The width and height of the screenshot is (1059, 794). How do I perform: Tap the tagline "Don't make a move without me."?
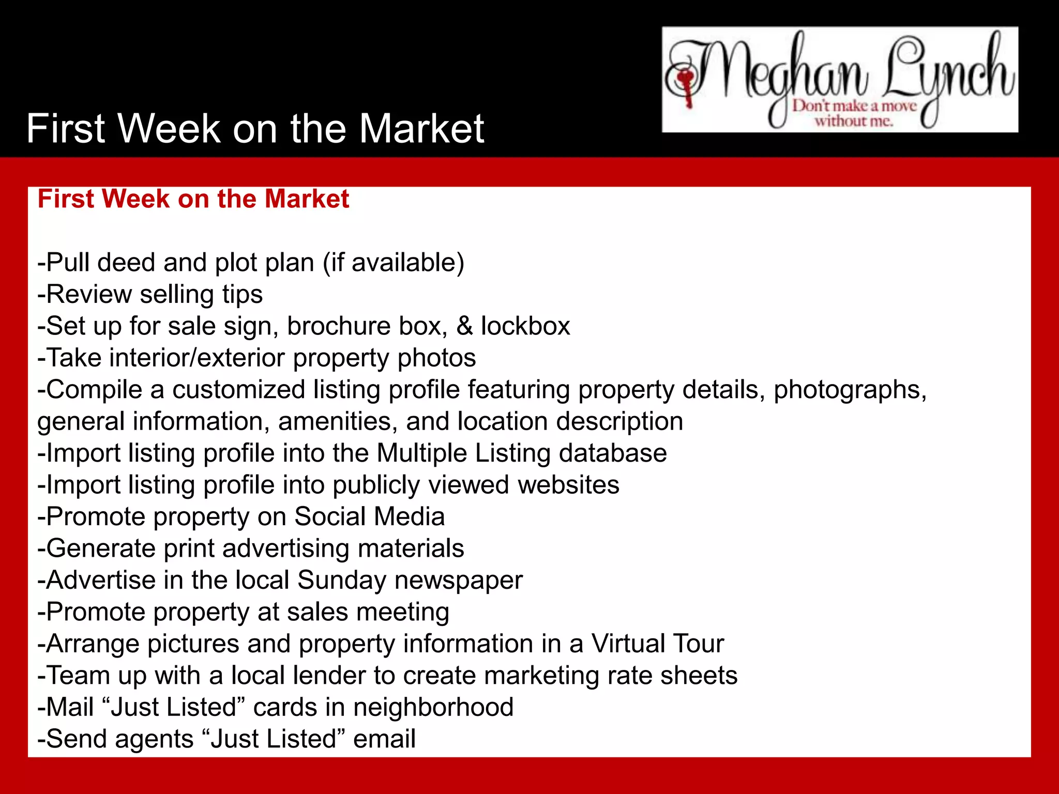point(854,114)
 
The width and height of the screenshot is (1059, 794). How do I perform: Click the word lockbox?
point(525,326)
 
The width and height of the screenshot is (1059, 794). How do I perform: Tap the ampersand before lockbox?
point(464,326)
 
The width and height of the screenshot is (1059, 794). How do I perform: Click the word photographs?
point(850,390)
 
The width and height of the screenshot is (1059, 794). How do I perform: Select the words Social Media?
point(369,516)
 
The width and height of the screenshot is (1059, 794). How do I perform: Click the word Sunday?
point(341,580)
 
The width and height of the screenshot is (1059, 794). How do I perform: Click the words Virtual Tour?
point(657,644)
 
